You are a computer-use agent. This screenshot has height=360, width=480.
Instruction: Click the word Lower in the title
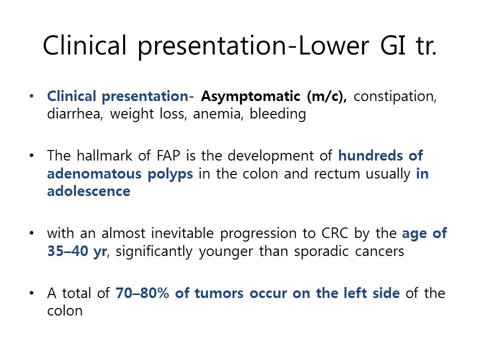(333, 45)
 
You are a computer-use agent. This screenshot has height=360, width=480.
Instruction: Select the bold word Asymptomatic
(250, 97)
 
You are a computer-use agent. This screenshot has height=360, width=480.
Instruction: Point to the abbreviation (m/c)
(327, 96)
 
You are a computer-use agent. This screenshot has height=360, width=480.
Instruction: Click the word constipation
(395, 97)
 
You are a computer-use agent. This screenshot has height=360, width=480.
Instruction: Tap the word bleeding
(277, 114)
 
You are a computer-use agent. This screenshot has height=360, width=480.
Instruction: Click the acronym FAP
(168, 156)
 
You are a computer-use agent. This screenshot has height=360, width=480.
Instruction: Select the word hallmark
(104, 155)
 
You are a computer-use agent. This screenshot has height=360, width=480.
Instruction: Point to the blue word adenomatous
(94, 173)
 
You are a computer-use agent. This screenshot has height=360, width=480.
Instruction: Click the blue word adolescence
(89, 191)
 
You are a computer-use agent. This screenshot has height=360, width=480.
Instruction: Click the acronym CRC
(334, 233)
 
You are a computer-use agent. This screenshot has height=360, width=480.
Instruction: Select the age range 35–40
(67, 251)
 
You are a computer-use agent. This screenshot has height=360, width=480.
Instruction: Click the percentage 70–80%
(142, 293)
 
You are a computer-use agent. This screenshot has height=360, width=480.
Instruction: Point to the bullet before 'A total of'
(31, 293)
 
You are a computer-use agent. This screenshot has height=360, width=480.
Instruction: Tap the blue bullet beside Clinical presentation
(31, 96)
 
